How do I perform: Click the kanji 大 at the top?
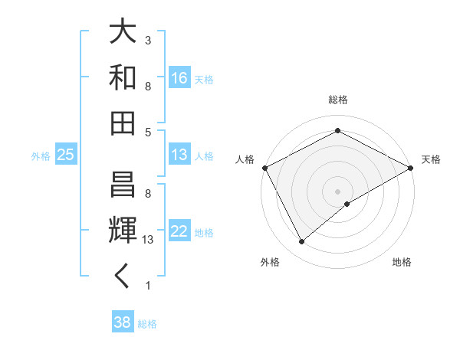123,33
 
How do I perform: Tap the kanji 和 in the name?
123,78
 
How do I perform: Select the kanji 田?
123,123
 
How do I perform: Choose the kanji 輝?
123,229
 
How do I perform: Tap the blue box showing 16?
179,77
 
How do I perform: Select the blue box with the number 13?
179,155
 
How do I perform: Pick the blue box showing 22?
179,231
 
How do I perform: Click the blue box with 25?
66,155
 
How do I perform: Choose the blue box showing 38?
123,322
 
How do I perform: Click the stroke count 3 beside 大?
148,40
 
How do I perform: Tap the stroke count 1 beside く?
148,286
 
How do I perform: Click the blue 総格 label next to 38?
148,323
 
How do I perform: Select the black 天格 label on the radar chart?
431,159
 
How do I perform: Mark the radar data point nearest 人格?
264,167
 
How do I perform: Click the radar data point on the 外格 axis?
302,241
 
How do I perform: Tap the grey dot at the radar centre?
337,191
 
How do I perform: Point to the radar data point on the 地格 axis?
347,204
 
